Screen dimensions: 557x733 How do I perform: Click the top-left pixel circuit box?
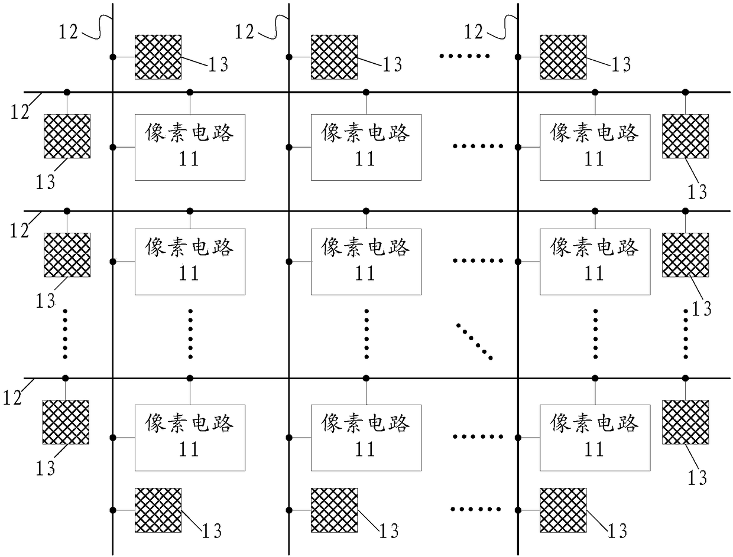click(x=190, y=147)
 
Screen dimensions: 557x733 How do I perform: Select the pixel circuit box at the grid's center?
click(x=366, y=262)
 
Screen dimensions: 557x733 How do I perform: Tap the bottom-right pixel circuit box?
click(x=595, y=438)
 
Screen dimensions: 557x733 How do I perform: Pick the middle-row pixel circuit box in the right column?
click(x=595, y=262)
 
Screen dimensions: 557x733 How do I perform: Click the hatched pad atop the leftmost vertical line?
click(x=158, y=57)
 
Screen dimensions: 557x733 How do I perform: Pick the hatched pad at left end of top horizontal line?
click(x=67, y=136)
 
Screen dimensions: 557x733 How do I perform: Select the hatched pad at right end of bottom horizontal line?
click(x=685, y=422)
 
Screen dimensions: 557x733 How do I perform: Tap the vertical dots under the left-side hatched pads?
click(x=66, y=334)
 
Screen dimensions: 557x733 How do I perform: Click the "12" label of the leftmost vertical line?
click(x=69, y=31)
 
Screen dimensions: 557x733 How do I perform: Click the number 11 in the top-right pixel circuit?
click(x=594, y=159)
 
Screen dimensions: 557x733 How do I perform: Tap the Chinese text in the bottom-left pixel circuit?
click(x=190, y=424)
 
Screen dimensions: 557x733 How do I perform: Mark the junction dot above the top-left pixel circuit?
click(x=190, y=92)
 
